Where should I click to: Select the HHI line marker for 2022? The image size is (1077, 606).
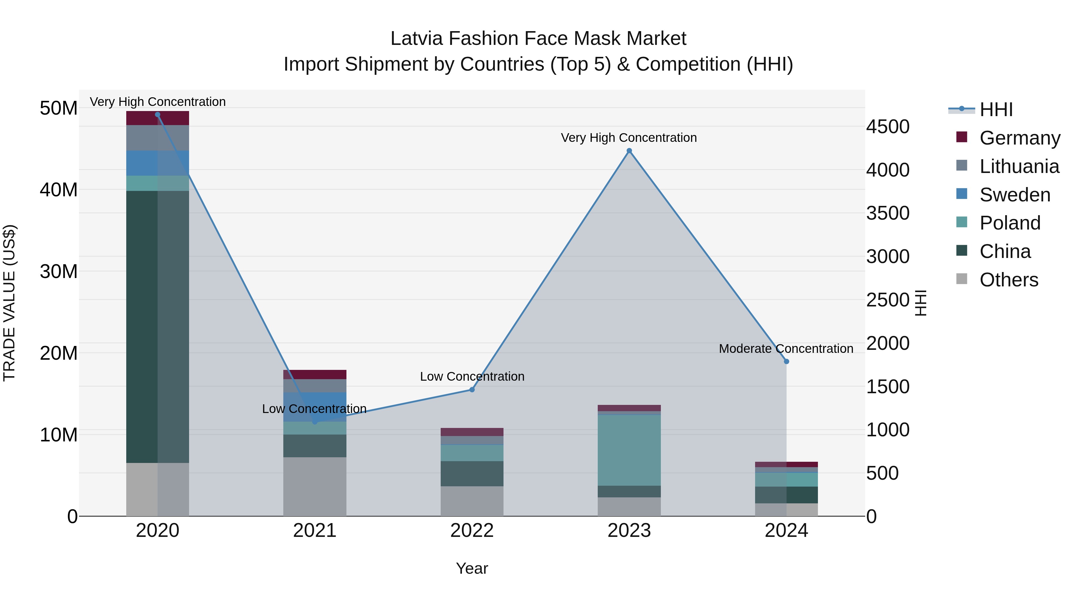(472, 389)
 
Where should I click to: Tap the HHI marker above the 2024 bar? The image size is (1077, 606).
(787, 361)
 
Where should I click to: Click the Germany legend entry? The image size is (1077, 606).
(1019, 138)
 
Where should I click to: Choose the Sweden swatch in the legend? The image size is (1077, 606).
(962, 194)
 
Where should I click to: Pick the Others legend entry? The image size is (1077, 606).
(1008, 280)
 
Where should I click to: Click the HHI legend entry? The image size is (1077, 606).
(996, 110)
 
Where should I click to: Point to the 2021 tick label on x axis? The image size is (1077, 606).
(314, 531)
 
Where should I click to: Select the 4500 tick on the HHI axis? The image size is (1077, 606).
(888, 127)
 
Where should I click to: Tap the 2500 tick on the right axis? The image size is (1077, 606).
(888, 300)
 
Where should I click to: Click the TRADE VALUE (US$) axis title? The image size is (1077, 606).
(9, 303)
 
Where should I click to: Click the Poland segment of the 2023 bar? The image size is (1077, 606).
(629, 450)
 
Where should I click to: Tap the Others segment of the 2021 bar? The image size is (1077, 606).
(314, 486)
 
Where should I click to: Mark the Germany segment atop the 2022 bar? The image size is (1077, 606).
(472, 432)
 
